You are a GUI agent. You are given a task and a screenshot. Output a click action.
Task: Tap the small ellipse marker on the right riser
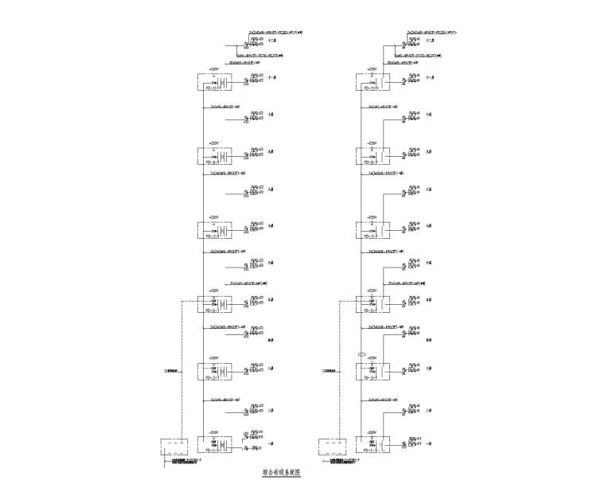pyautogui.click(x=361, y=355)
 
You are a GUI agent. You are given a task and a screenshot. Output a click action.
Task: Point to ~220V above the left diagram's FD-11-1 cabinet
pyautogui.click(x=213, y=69)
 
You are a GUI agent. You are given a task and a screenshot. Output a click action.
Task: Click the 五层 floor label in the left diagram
pyautogui.click(x=271, y=300)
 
